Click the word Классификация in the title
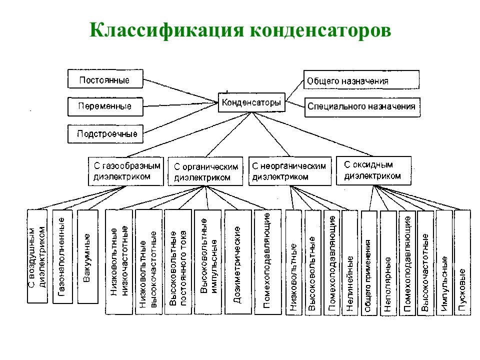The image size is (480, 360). pyautogui.click(x=166, y=30)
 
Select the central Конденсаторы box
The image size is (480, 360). pyautogui.click(x=251, y=102)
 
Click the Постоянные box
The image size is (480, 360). pyautogui.click(x=105, y=79)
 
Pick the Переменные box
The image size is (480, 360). pyautogui.click(x=105, y=106)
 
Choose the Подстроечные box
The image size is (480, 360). pyautogui.click(x=105, y=134)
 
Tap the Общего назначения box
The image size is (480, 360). pyautogui.click(x=361, y=80)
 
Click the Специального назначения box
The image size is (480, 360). pyautogui.click(x=362, y=107)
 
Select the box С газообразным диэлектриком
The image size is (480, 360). pyautogui.click(x=126, y=171)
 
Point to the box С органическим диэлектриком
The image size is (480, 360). pyautogui.click(x=205, y=171)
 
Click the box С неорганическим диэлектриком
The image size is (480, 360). pyautogui.click(x=290, y=171)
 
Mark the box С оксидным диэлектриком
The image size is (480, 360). pyautogui.click(x=373, y=171)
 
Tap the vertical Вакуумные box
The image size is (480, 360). pyautogui.click(x=88, y=256)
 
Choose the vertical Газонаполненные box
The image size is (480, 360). pyautogui.click(x=62, y=256)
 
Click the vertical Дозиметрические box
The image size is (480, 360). pyautogui.click(x=238, y=262)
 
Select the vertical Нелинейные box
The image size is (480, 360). pyautogui.click(x=349, y=262)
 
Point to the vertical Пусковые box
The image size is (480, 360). pyautogui.click(x=462, y=262)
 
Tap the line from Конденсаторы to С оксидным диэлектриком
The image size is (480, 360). pyautogui.click(x=312, y=134)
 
